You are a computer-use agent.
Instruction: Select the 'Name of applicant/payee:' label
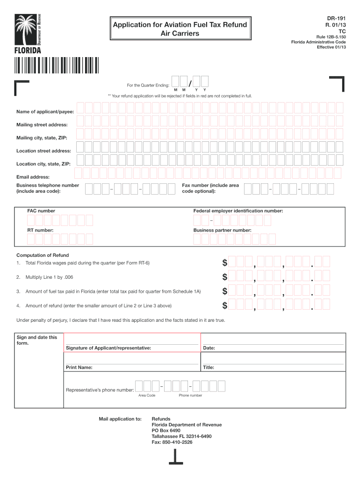(x=42, y=112)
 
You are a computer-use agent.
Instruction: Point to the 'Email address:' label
(x=33, y=177)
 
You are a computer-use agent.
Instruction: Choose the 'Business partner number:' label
(x=222, y=231)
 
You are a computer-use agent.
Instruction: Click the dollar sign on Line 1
(x=225, y=263)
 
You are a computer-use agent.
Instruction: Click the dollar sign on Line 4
(x=225, y=306)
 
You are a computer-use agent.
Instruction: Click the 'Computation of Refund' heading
(x=43, y=255)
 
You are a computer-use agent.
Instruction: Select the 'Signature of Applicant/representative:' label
(x=108, y=348)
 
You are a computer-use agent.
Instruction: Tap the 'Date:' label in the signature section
(x=209, y=348)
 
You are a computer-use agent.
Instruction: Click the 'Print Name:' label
(x=79, y=368)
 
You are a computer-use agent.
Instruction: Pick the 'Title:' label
(x=209, y=368)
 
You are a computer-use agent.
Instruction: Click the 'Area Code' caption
(x=147, y=395)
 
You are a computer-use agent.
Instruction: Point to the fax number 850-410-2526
(x=172, y=442)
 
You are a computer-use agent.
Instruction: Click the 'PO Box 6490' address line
(x=166, y=430)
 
